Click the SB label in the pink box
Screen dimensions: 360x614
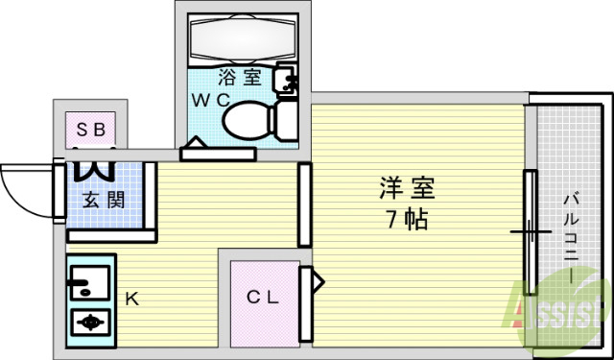[91, 128]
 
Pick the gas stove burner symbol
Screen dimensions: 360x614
[91, 323]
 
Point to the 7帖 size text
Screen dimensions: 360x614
[401, 219]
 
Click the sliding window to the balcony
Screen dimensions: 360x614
[529, 231]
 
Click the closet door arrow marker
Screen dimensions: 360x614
[313, 284]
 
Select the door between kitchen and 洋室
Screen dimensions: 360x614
[304, 204]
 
